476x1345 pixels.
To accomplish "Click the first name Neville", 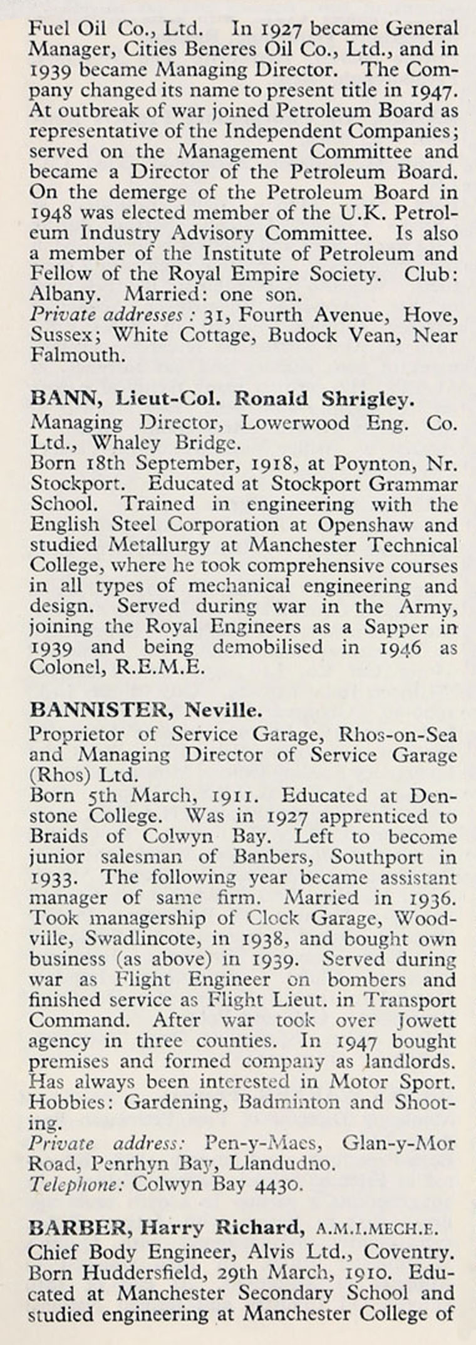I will coord(222,710).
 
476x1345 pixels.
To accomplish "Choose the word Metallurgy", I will coord(158,545).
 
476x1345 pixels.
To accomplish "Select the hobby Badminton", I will coord(289,1102).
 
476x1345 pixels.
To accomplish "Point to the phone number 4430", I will coord(279,1185).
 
